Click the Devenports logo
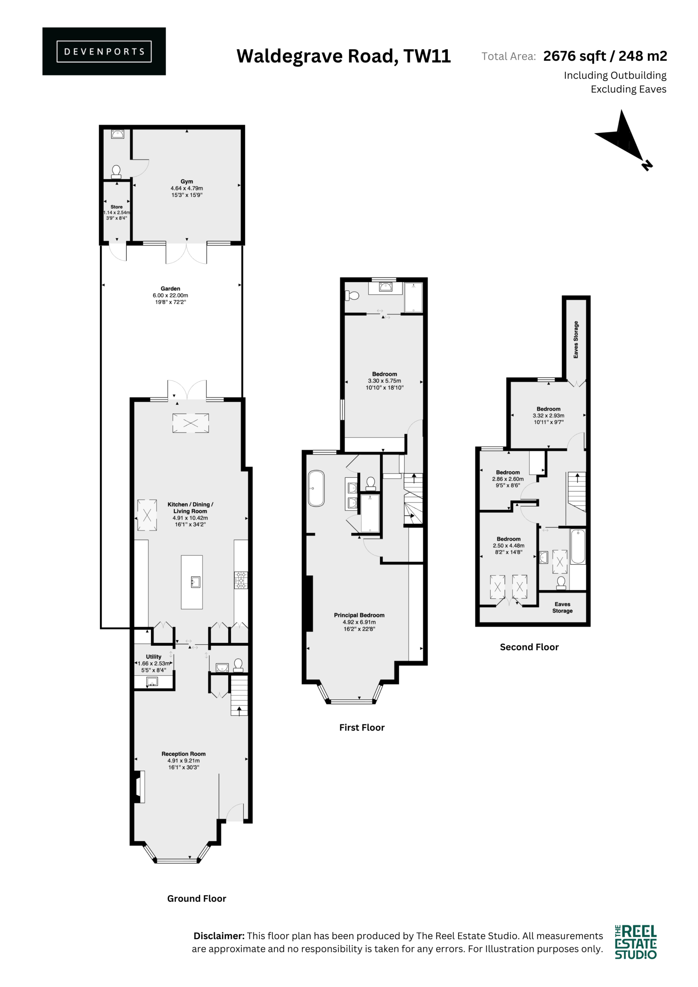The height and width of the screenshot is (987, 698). click(104, 51)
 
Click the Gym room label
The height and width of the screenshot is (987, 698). click(187, 182)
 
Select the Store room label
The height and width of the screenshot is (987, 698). click(116, 207)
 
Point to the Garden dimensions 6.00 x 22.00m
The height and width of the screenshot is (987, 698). click(170, 295)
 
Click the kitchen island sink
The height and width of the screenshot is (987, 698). click(196, 583)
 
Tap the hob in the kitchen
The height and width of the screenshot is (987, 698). click(240, 580)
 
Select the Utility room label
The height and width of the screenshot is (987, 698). click(153, 657)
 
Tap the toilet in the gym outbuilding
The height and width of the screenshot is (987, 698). click(116, 172)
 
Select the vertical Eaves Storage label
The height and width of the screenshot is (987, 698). click(576, 340)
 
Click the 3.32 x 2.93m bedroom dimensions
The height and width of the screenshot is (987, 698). click(548, 416)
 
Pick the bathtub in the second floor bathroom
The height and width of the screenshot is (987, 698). click(578, 546)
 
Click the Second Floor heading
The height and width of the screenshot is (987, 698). click(529, 647)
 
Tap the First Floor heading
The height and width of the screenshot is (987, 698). click(362, 728)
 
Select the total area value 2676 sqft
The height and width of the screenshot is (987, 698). click(575, 56)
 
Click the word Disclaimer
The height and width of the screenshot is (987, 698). click(219, 936)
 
